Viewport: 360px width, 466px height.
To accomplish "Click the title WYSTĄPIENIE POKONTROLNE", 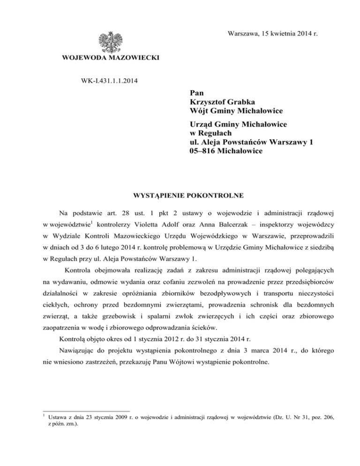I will [180, 194].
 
